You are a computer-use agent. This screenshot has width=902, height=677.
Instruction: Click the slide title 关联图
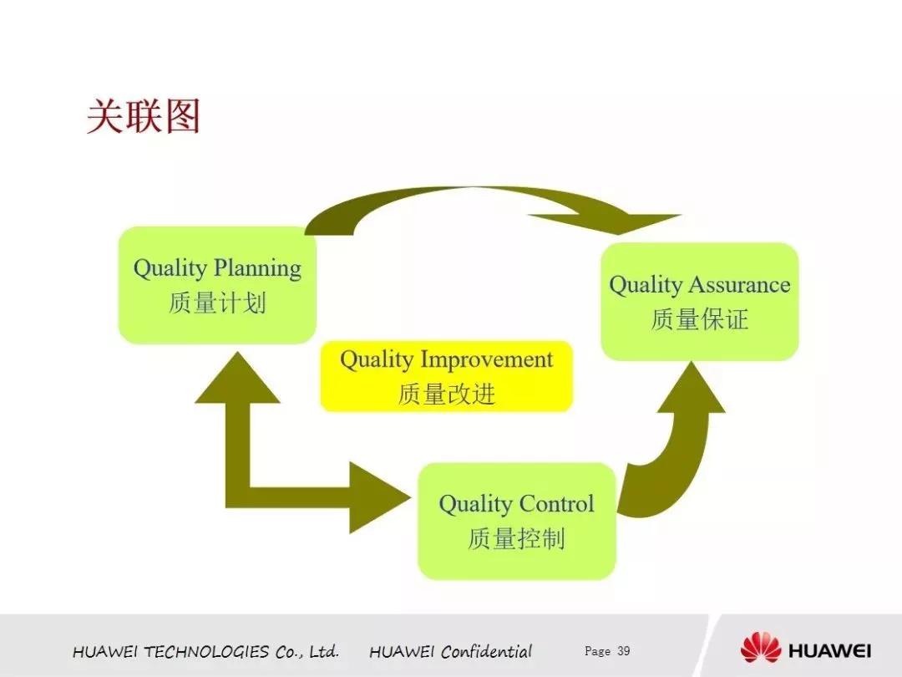tap(144, 116)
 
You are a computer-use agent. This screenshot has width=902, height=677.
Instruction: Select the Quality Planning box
tap(217, 285)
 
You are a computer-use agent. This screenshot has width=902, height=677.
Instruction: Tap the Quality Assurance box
tap(700, 302)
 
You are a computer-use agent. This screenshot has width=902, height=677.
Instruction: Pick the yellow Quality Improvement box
tap(446, 376)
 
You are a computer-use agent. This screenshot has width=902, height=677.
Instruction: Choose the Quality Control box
tap(517, 522)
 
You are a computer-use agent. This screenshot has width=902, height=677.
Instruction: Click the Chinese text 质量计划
tap(217, 303)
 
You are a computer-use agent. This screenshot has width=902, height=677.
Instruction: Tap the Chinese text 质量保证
tap(700, 319)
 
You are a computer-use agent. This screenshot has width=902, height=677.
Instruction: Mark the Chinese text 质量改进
tap(446, 394)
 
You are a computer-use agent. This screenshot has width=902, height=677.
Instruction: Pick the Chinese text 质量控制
tap(517, 539)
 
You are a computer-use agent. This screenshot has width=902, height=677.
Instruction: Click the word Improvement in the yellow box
tap(487, 360)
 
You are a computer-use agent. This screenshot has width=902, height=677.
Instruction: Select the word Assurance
tap(740, 284)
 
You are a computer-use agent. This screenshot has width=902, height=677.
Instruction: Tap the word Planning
tap(258, 269)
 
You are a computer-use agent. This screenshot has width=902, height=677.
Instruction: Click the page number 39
tap(624, 651)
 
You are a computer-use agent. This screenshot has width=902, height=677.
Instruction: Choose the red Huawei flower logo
tap(761, 648)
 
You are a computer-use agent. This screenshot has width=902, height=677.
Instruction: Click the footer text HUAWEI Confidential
tap(450, 652)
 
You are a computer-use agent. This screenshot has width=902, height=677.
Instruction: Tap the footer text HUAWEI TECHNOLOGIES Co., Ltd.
tap(205, 652)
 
